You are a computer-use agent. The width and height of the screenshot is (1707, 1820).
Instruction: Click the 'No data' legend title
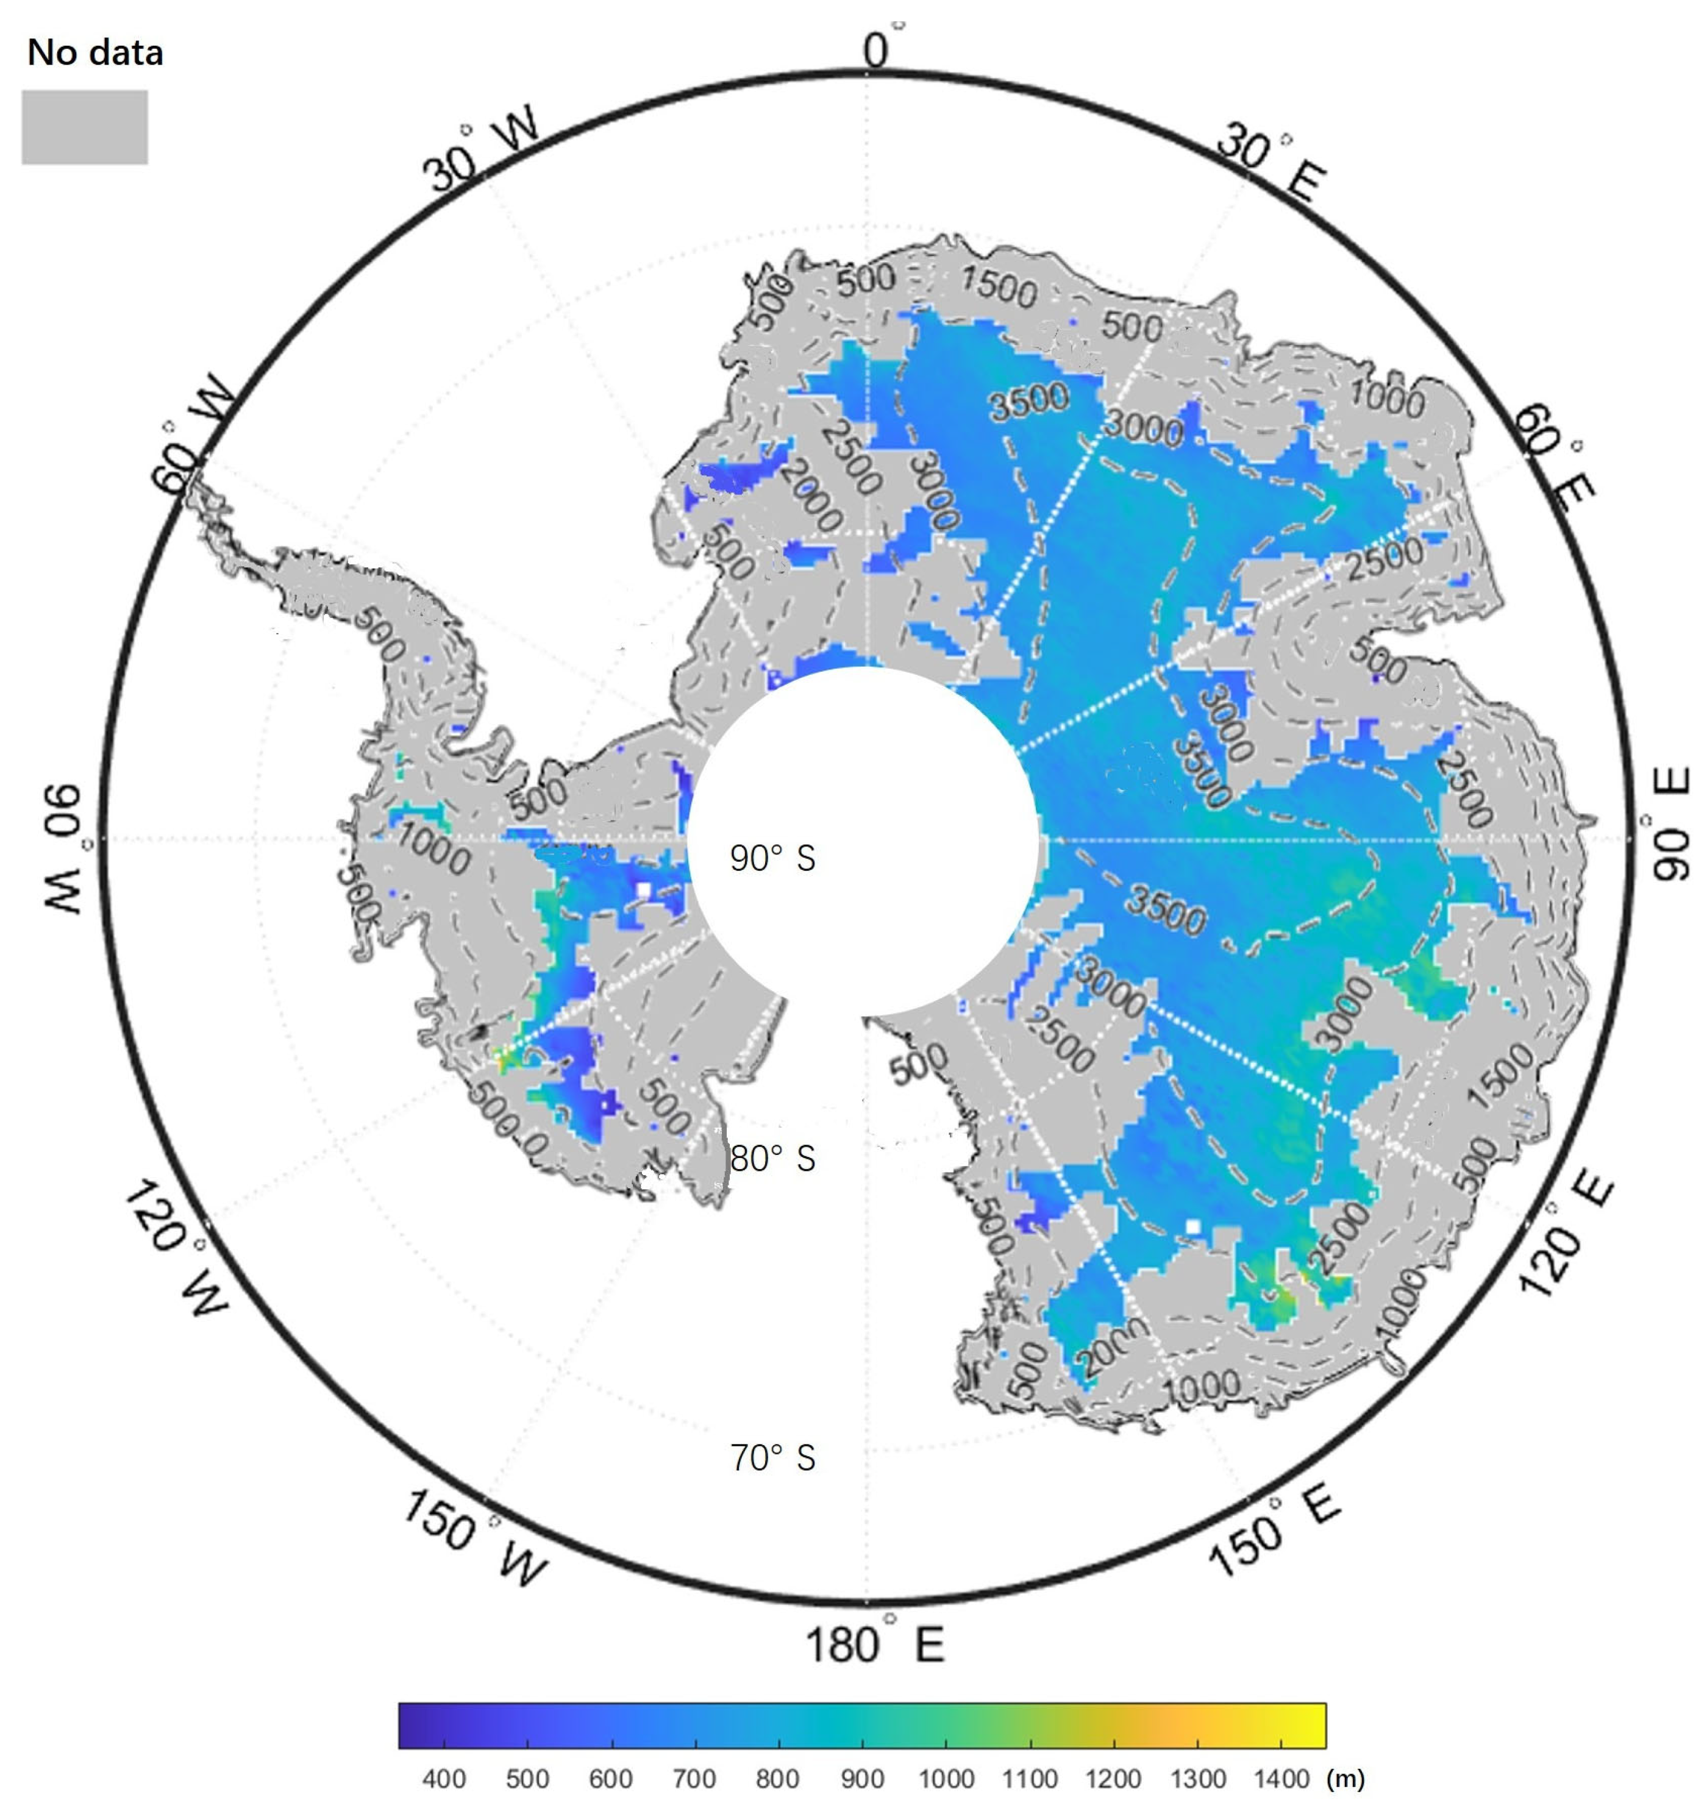click(x=95, y=52)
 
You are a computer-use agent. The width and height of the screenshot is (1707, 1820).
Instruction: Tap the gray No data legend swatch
click(x=84, y=127)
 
